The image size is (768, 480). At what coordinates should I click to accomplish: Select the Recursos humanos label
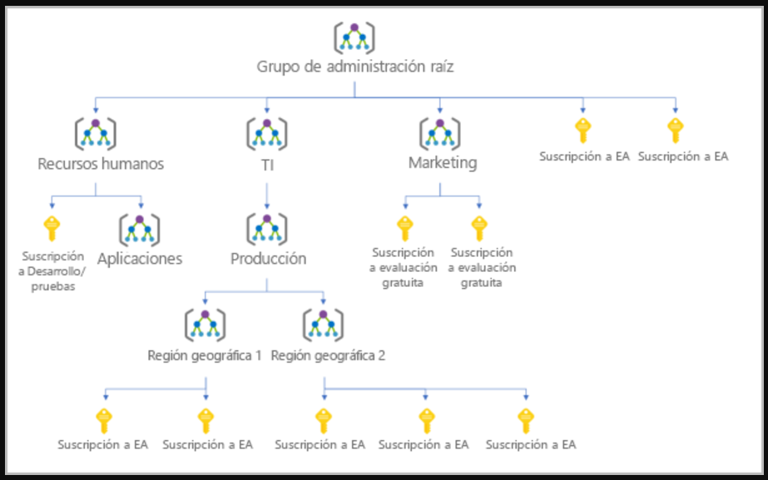101,164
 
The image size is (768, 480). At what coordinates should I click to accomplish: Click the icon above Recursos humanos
96,133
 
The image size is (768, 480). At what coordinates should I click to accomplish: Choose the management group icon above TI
267,133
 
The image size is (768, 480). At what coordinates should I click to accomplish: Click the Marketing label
443,163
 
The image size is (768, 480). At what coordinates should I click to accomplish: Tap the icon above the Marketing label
440,133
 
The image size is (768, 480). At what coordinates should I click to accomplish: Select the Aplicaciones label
140,259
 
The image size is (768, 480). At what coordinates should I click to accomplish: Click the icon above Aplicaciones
140,228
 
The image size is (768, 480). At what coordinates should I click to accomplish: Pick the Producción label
268,259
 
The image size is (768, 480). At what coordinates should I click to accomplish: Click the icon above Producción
267,228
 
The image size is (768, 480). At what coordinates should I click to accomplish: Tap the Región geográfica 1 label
205,355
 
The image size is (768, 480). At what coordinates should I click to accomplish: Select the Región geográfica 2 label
328,355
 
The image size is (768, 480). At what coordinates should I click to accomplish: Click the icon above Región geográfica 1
205,324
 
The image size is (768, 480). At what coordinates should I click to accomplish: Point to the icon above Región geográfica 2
324,324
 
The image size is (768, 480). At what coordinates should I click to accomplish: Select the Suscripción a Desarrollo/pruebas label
52,270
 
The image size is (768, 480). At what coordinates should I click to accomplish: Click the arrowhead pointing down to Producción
267,205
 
